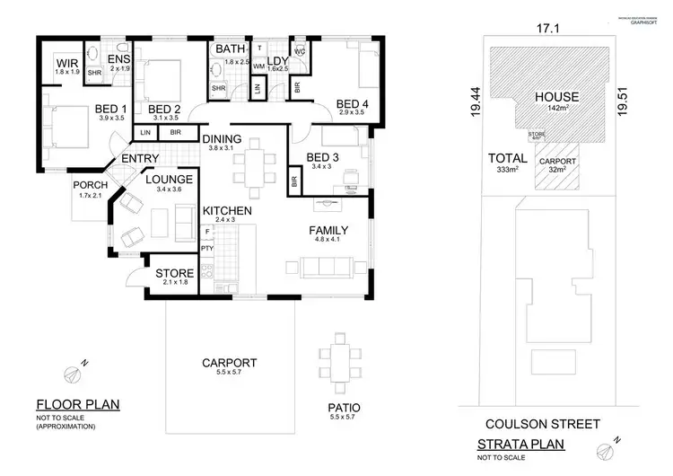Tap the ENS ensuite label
[x=119, y=59]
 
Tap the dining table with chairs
[x=255, y=164]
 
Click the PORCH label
[x=92, y=185]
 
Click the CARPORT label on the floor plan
[x=230, y=363]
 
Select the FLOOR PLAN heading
[x=76, y=404]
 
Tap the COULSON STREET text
[x=533, y=423]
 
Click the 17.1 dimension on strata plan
[x=546, y=28]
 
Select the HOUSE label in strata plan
[x=555, y=97]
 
